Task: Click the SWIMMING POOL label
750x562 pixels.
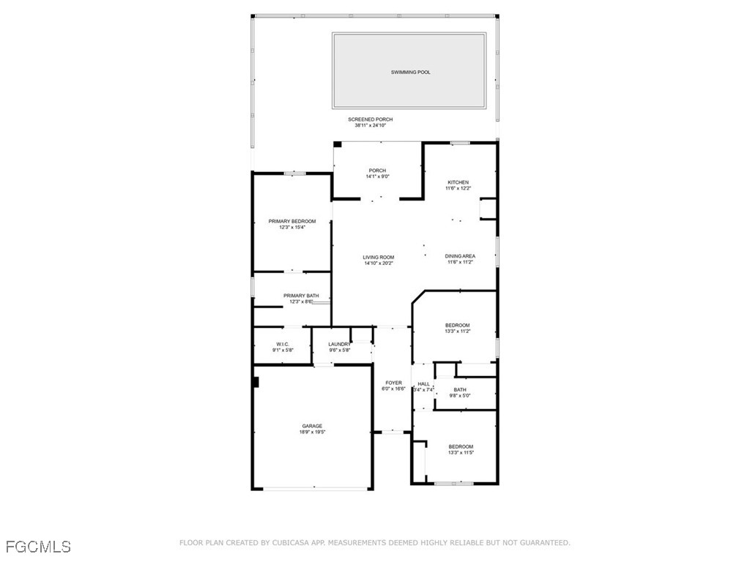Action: pos(410,72)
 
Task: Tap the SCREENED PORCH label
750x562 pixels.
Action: pos(370,119)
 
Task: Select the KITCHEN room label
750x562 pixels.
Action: pos(458,182)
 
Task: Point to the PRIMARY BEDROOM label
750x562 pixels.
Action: pos(292,221)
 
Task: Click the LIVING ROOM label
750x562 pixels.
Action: pos(378,257)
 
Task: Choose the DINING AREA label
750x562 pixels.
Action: pos(460,256)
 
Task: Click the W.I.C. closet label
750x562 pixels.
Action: pos(283,344)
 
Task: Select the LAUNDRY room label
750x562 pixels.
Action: pos(340,344)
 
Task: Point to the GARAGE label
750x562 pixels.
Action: pos(312,426)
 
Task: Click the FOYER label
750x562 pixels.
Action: pos(393,383)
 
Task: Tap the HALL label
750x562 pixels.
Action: pos(423,383)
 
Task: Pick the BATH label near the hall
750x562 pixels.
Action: pos(460,390)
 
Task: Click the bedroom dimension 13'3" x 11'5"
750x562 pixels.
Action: pos(461,453)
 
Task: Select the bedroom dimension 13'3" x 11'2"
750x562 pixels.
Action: pos(458,331)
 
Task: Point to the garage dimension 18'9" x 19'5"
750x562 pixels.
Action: pos(312,432)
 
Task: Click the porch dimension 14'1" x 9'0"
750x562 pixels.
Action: pos(377,176)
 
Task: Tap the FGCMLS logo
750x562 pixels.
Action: pos(38,546)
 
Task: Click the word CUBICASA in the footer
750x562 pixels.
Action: pos(291,543)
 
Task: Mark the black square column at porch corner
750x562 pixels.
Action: pos(337,145)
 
